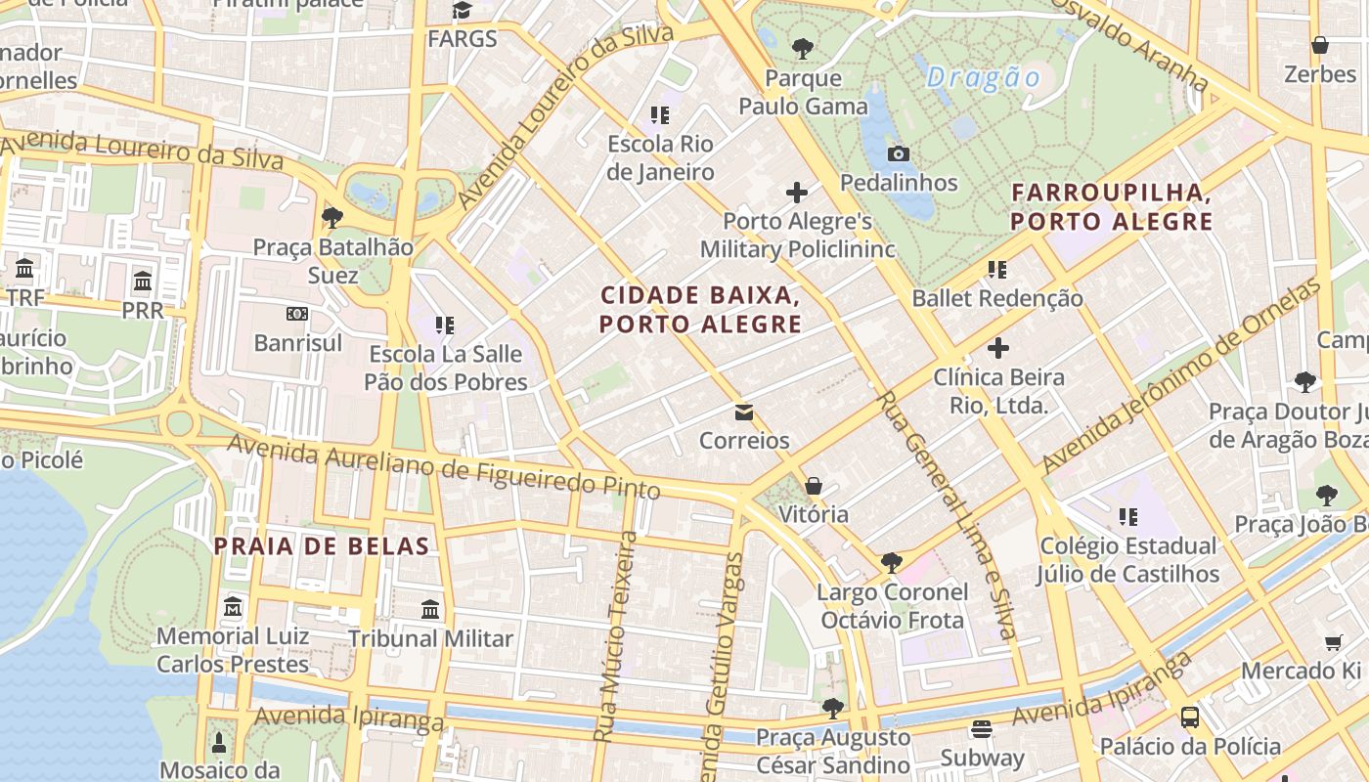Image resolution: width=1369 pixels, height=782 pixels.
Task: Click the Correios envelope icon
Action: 744,412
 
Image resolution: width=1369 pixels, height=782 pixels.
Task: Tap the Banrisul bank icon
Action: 297,314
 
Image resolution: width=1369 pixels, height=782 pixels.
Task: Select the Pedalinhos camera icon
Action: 899,153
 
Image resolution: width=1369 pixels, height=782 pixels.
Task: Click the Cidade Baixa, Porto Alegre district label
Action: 701,309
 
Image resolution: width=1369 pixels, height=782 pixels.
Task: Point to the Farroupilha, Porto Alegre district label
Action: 1112,206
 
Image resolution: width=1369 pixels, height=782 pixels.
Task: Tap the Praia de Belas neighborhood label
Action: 322,546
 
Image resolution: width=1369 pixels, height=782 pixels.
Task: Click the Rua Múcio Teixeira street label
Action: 616,635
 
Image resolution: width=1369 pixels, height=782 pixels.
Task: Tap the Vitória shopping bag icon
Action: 814,486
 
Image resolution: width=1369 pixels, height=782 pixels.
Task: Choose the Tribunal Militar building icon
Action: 430,610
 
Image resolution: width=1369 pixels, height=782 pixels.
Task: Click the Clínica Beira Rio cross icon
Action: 997,348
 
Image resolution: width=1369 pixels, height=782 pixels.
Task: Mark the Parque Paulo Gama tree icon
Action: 803,48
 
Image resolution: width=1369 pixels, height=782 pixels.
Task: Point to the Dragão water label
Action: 984,77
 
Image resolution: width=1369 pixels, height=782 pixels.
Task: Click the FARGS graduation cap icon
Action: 462,11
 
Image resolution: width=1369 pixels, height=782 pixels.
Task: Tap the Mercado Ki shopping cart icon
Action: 1334,642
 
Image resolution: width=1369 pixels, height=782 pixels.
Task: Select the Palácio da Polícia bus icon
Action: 1190,717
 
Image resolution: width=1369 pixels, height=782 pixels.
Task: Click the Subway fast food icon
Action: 982,729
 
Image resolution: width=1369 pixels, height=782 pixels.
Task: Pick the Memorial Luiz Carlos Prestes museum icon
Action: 233,608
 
